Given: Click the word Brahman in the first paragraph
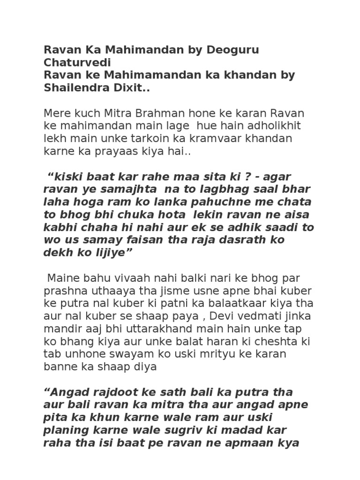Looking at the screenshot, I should [158, 113].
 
